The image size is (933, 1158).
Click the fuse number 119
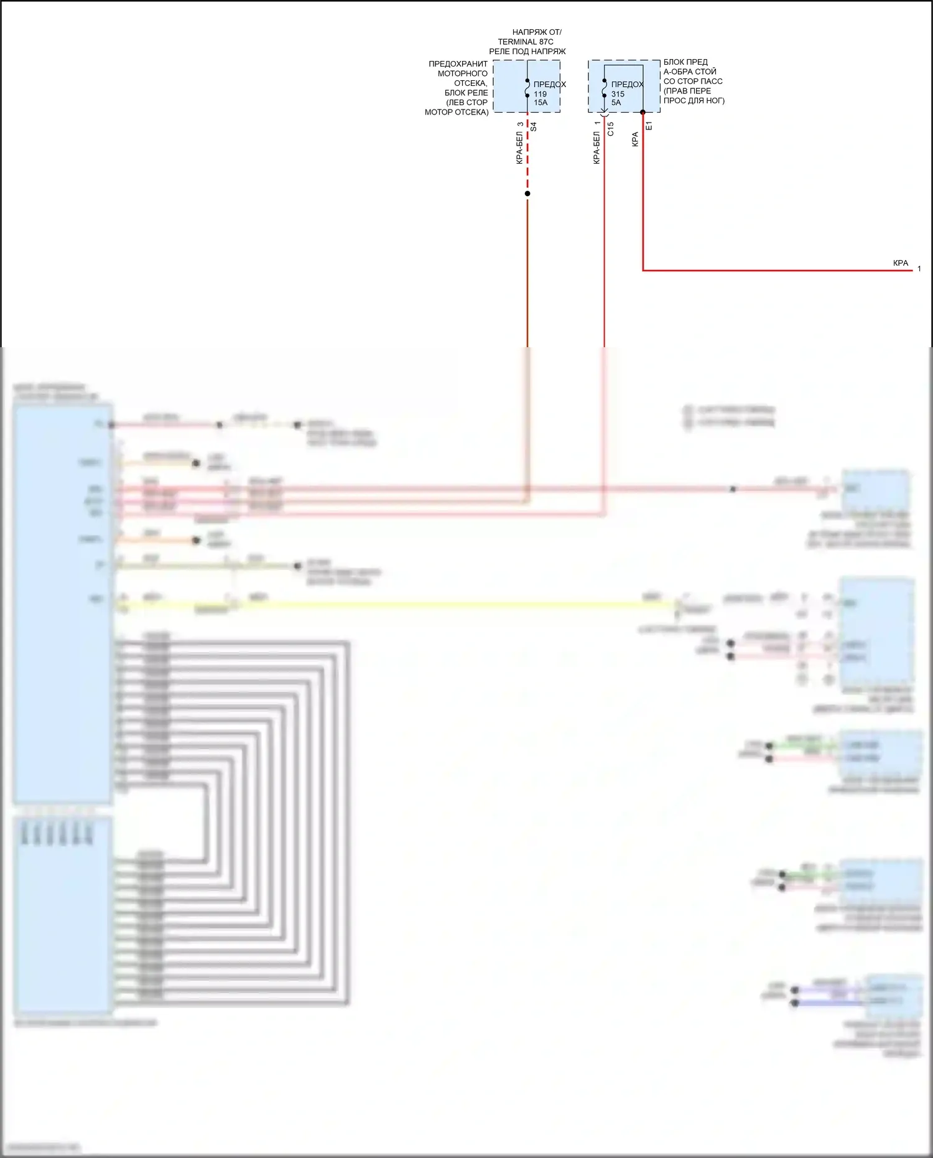540,94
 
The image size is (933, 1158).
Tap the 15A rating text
541,103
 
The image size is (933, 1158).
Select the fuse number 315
618,94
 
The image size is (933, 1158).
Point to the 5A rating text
616,103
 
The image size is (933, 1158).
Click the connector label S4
534,126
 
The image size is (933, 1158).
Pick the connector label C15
611,129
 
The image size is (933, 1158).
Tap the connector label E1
649,126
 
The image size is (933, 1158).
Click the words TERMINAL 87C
526,42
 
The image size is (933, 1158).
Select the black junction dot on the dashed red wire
527,194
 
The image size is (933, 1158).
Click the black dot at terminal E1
643,113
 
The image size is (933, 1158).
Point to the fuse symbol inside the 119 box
527,88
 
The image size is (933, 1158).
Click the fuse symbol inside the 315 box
604,88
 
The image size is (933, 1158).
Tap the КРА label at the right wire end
900,263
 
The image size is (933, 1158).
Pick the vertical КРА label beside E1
635,139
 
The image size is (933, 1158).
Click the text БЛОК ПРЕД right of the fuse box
685,62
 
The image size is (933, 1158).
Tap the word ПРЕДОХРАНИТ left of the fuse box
458,64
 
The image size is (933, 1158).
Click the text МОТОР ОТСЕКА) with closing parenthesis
457,113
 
